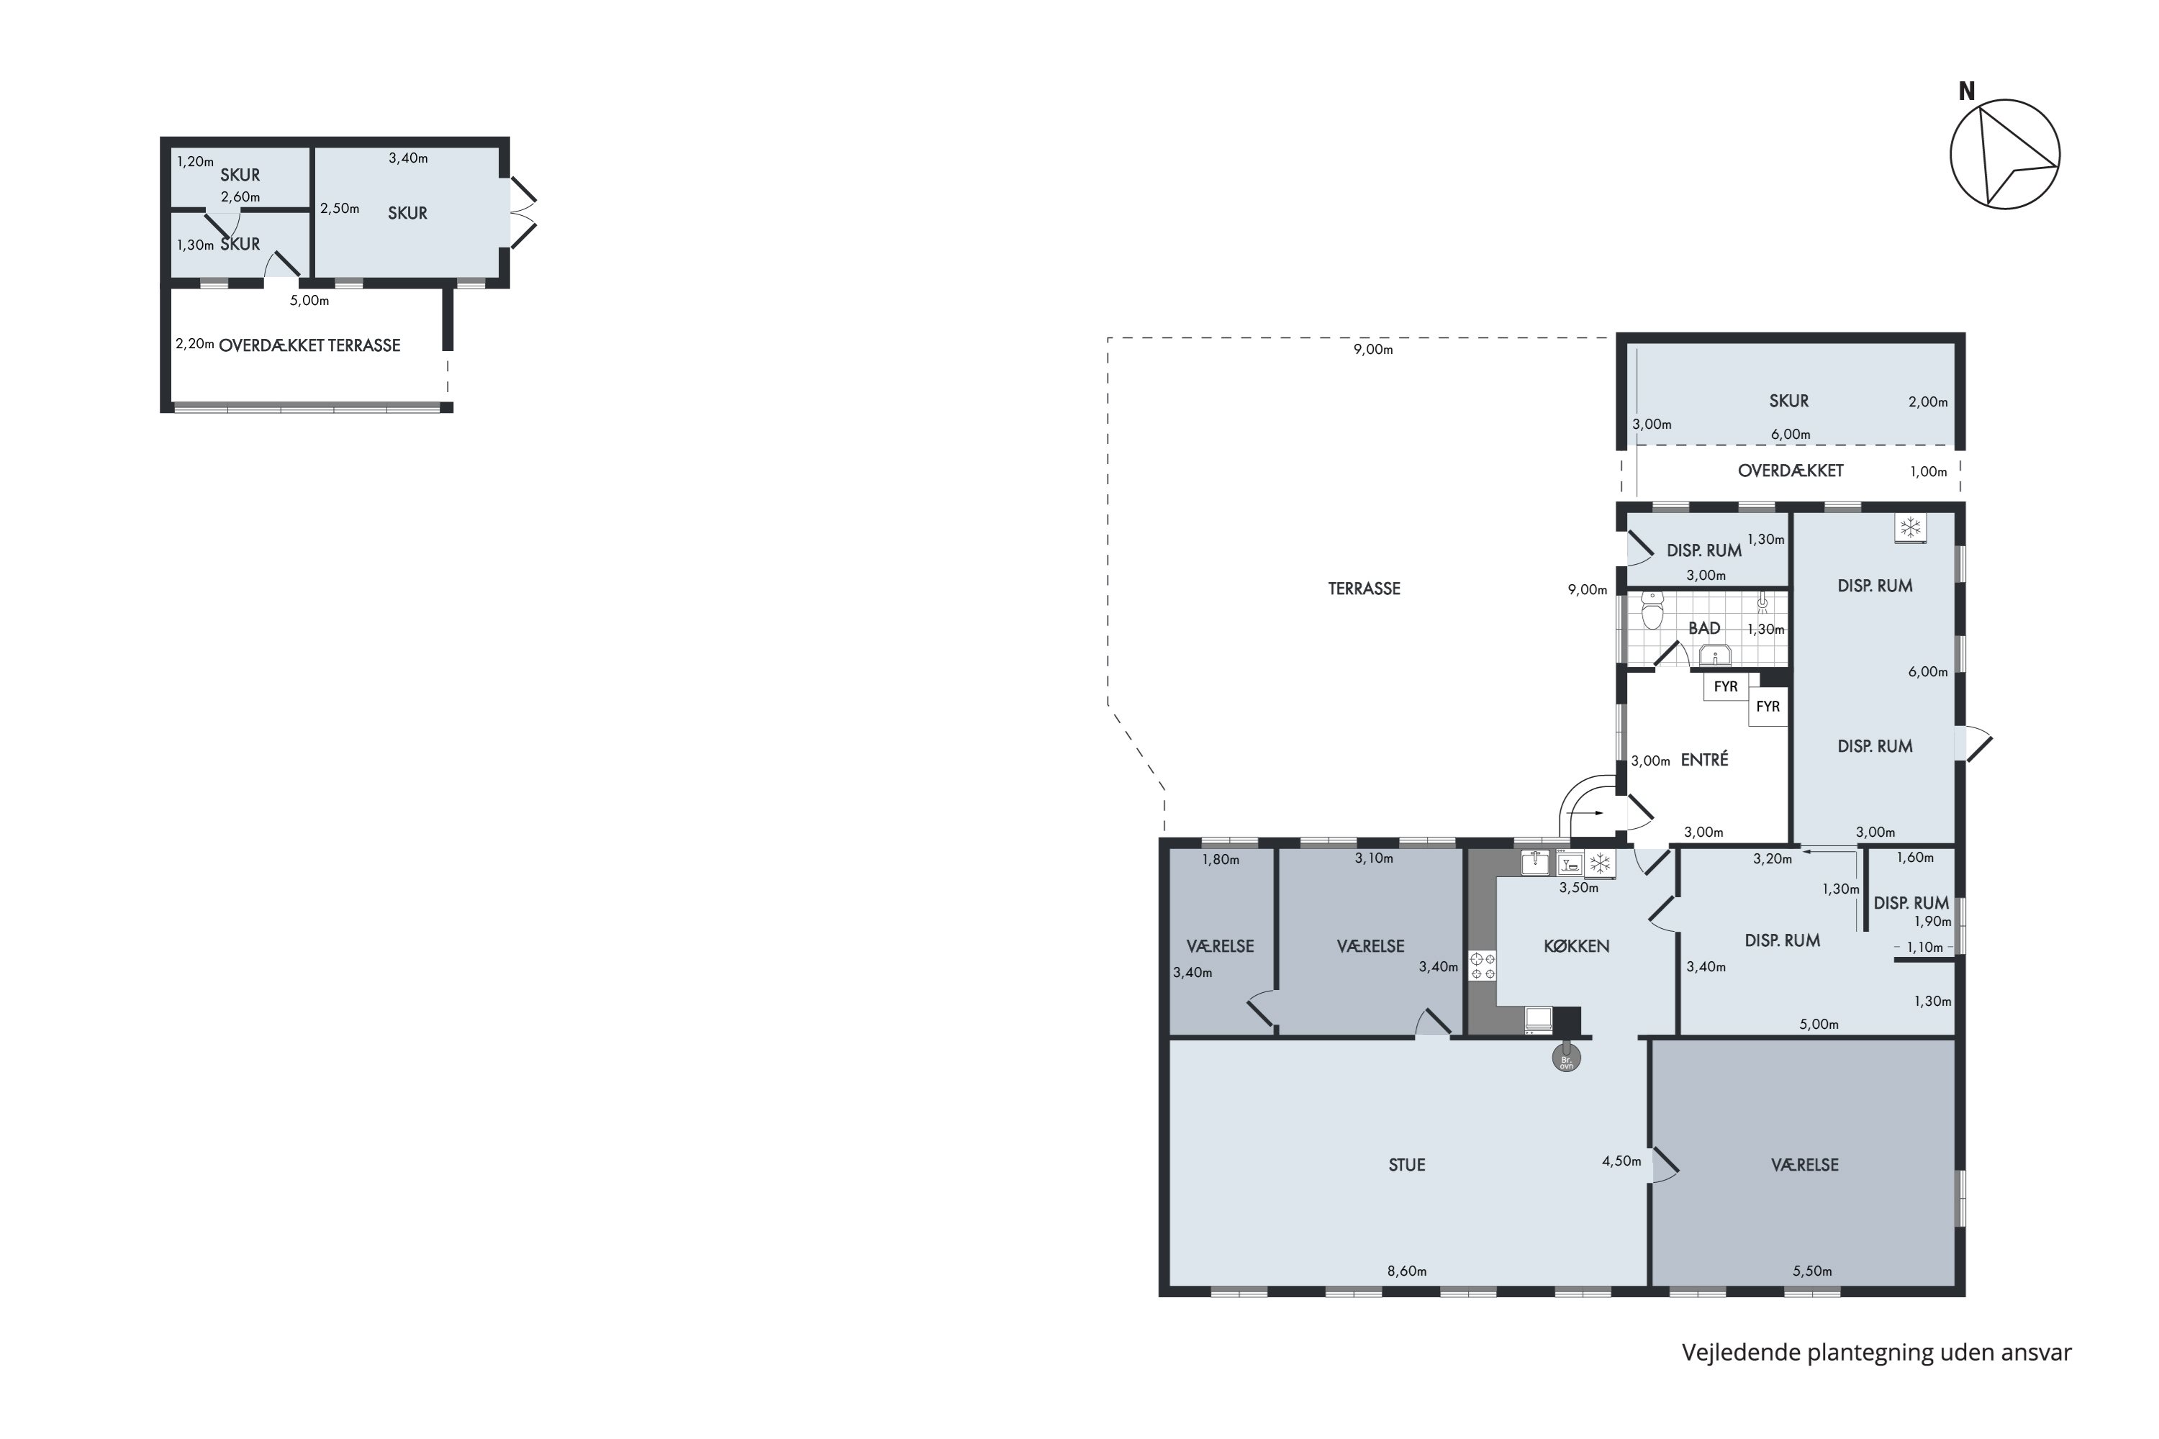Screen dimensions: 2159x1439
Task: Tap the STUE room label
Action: (1406, 1165)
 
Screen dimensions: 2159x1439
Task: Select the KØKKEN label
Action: (1576, 945)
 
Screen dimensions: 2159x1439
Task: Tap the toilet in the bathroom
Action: (1652, 609)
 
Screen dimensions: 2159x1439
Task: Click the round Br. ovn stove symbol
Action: (1566, 1060)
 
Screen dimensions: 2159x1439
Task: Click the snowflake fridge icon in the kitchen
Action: (1600, 863)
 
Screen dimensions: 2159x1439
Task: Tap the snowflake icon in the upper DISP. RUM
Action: (1910, 527)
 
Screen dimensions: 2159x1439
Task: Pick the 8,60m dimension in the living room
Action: (1406, 1271)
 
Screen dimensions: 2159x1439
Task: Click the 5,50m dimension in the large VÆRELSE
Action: (1812, 1271)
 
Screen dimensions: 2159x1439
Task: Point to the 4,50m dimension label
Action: (1621, 1161)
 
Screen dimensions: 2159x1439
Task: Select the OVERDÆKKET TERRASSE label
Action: (309, 345)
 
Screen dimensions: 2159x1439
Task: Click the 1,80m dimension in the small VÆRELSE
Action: (1221, 860)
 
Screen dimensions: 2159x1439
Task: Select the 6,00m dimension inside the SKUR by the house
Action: (1790, 434)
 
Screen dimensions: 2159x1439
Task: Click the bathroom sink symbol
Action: (1715, 655)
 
